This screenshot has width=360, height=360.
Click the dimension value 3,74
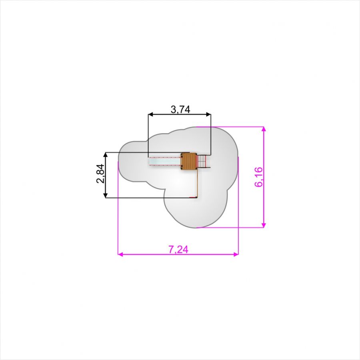180,110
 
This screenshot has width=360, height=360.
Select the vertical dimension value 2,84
100,173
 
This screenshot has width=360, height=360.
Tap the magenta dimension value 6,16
258,177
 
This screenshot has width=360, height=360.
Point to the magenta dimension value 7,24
178,249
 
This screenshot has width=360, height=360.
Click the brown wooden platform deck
189,161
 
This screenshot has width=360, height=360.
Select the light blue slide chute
165,161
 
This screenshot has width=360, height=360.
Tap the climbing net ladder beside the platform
203,162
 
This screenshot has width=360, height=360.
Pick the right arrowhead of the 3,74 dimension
208,114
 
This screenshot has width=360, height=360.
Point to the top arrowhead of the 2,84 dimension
105,154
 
